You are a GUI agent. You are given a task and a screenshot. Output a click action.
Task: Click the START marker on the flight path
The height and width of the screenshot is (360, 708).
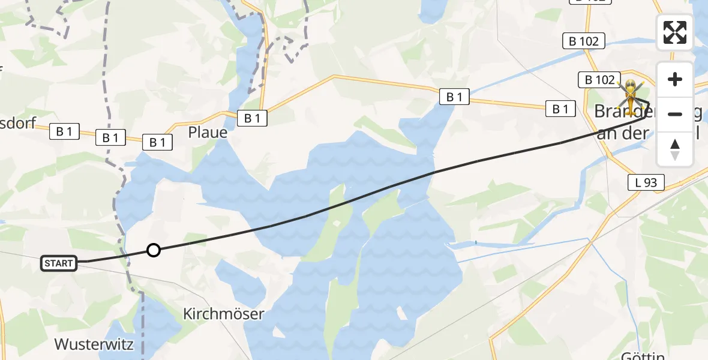59,263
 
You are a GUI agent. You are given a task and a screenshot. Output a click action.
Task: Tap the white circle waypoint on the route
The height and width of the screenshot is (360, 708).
154,250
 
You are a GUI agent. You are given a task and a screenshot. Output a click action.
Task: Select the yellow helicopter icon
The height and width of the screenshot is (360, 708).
631,95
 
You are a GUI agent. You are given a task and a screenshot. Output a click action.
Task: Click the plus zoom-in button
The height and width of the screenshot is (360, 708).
675,80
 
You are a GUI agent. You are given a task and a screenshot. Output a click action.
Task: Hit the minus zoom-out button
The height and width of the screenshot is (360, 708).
675,114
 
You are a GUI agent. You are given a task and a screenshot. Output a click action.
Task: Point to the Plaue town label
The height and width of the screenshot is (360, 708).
208,132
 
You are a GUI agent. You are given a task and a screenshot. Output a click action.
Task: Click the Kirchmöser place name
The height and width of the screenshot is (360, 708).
224,314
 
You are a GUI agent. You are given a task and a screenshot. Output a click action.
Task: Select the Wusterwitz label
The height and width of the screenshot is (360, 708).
94,344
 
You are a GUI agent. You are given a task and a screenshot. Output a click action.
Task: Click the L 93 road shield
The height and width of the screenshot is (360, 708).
646,182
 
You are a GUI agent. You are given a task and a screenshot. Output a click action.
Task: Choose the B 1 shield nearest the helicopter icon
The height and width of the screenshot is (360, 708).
560,109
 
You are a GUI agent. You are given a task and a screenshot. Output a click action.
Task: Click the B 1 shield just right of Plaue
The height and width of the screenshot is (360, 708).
253,118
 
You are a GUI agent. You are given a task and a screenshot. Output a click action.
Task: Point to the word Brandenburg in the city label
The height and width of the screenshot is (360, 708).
624,112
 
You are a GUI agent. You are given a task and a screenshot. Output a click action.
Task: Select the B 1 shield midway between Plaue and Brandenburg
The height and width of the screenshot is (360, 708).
454,96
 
